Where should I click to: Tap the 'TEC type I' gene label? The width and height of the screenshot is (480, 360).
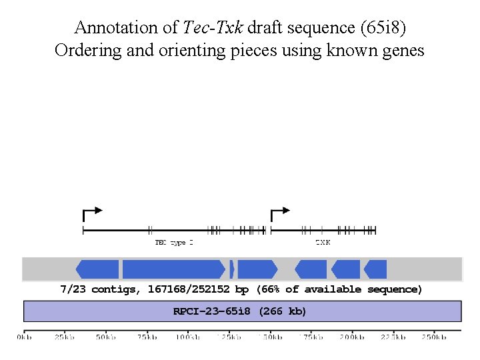pyautogui.click(x=174, y=243)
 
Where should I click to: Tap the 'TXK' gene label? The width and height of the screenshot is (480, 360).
pyautogui.click(x=323, y=243)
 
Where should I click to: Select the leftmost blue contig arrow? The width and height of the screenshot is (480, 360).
pyautogui.click(x=97, y=269)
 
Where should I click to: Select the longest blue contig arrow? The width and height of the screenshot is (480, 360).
pyautogui.click(x=174, y=269)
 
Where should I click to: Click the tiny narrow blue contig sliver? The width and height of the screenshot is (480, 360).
pyautogui.click(x=232, y=269)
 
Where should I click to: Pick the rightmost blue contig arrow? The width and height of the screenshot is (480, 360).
pyautogui.click(x=375, y=269)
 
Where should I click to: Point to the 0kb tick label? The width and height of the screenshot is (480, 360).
pyautogui.click(x=24, y=337)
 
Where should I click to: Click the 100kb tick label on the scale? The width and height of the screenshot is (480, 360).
pyautogui.click(x=188, y=337)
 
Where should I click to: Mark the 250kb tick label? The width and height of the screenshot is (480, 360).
pyautogui.click(x=433, y=337)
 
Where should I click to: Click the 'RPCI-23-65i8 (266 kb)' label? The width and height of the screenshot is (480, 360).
pyautogui.click(x=240, y=311)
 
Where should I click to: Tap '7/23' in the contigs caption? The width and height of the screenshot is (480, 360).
pyautogui.click(x=73, y=289)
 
